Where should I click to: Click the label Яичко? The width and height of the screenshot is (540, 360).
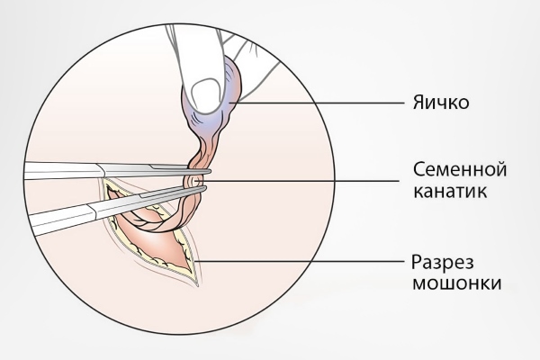pos(441,103)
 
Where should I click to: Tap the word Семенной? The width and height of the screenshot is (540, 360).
pos(460,169)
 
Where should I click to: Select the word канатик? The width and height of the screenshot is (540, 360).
pos(450,191)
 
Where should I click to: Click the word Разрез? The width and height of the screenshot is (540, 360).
pos(443,263)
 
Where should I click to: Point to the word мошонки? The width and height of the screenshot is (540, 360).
pos(456,283)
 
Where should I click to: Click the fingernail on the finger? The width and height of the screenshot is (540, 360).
pos(205,95)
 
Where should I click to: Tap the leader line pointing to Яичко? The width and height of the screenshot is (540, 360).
pos(317,103)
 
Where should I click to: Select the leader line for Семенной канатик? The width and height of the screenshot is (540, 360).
pos(299,180)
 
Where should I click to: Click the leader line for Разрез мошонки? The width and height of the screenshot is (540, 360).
pos(299,261)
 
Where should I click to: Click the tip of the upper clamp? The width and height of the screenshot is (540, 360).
pos(210,171)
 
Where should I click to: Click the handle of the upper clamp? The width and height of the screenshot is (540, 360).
pos(62,170)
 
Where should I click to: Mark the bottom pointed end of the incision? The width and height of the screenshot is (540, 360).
pos(197,285)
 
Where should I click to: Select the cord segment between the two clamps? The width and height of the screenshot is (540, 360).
pos(193,179)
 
